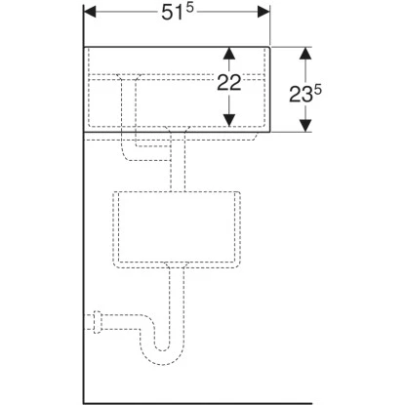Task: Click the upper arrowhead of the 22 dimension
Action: coord(227,53)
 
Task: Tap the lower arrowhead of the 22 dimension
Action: coord(227,122)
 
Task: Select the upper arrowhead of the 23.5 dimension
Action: coord(306,53)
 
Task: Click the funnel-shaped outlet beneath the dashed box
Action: coord(177,266)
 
